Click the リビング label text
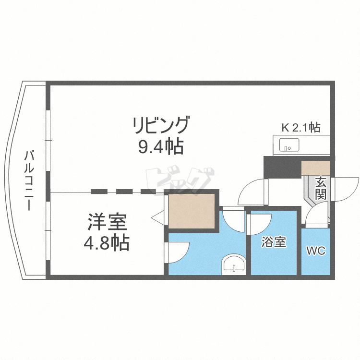(x=161, y=126)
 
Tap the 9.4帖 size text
(x=161, y=146)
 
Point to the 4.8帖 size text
(x=107, y=243)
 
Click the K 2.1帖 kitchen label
(x=300, y=128)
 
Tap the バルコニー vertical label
(x=30, y=180)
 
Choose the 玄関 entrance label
(x=321, y=188)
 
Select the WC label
(x=316, y=251)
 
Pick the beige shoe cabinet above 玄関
(x=315, y=168)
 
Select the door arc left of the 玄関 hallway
(x=252, y=192)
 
